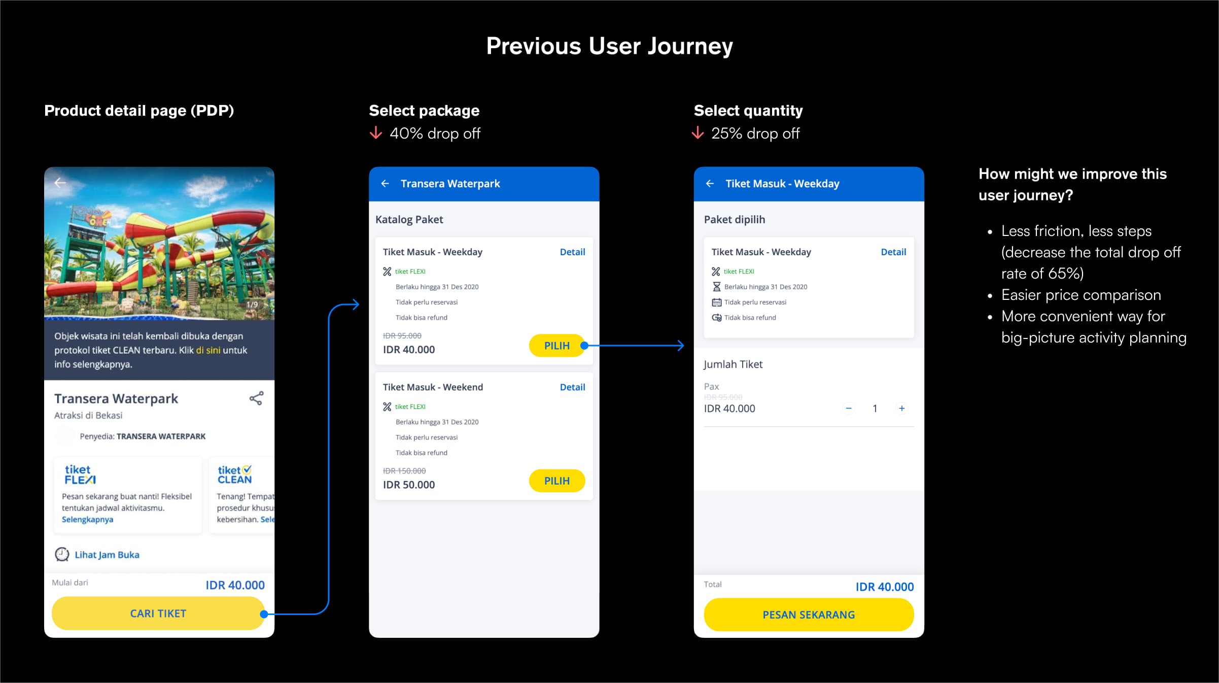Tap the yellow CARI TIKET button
[158, 613]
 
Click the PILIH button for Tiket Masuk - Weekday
[556, 346]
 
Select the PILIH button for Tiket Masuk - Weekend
[556, 481]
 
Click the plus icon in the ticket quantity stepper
[901, 408]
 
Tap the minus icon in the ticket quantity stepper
[849, 408]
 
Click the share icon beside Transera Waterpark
[256, 398]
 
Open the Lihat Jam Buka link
[107, 555]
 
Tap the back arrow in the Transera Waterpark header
[385, 184]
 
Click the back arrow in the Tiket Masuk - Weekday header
[710, 184]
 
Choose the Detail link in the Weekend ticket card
[572, 387]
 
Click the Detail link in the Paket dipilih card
[893, 252]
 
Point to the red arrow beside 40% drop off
[376, 133]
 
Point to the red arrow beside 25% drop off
[698, 133]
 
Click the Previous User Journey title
[609, 46]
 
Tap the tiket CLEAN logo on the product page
[234, 474]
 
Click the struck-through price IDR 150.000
[404, 471]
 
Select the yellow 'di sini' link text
[208, 350]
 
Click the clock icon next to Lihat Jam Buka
[62, 554]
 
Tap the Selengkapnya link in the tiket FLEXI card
[87, 519]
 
